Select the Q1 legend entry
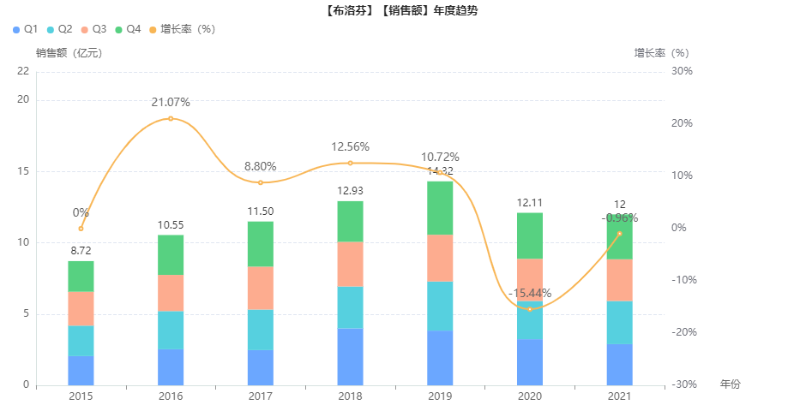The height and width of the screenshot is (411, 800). click(x=25, y=29)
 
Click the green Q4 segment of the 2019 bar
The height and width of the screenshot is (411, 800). click(x=440, y=208)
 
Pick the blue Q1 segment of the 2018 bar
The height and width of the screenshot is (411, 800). click(x=350, y=356)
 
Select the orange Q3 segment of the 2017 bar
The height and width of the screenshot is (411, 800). click(x=261, y=288)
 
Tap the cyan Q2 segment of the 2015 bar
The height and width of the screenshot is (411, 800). click(x=81, y=341)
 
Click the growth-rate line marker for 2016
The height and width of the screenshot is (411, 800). click(x=171, y=118)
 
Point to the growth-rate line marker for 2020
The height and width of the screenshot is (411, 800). click(x=530, y=309)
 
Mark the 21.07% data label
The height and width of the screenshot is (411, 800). click(x=171, y=103)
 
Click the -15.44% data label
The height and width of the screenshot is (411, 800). click(x=530, y=294)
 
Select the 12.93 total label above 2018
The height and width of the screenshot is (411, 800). click(x=350, y=190)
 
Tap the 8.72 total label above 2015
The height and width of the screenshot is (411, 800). click(x=81, y=250)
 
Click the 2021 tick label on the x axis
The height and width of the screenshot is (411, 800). click(x=619, y=396)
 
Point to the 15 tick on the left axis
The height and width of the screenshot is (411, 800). click(x=23, y=171)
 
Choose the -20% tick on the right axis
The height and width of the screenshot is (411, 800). click(x=682, y=332)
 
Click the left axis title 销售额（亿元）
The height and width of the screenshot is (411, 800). click(x=69, y=52)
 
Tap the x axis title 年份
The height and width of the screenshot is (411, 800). click(x=730, y=384)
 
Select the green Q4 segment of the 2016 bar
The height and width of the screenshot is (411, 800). click(x=171, y=254)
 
